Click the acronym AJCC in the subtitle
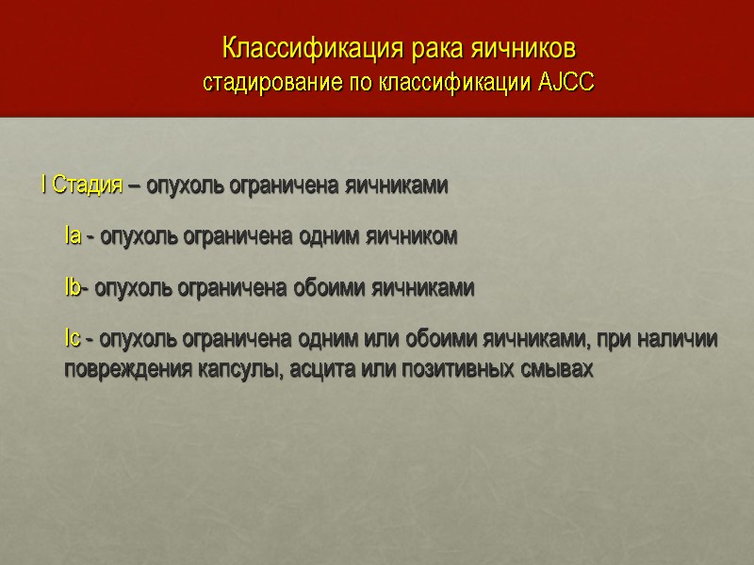565,82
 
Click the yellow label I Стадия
81,186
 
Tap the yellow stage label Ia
73,236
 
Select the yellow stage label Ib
73,288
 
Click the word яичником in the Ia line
412,236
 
